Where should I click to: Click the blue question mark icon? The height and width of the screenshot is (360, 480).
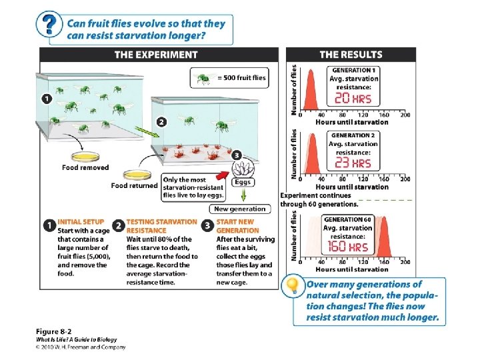pos(47,26)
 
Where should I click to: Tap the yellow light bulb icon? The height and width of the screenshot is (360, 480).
pos(292,286)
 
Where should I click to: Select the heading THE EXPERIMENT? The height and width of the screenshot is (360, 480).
pos(156,55)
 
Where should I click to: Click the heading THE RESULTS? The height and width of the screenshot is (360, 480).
pos(351,55)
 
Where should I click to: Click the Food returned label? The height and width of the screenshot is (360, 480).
pos(134,186)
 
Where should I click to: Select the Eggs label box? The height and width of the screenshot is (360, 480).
pos(243,182)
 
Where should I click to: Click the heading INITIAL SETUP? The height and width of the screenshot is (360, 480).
pos(79,222)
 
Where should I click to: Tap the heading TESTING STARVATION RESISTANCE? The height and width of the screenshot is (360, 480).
pos(161,226)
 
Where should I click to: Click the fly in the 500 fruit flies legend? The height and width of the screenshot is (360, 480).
pos(202,78)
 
